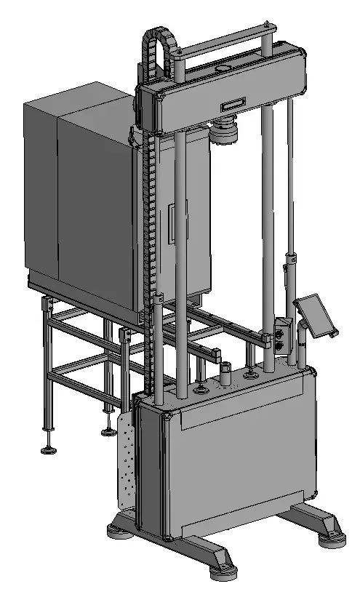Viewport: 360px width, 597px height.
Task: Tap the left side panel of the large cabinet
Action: point(40,193)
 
